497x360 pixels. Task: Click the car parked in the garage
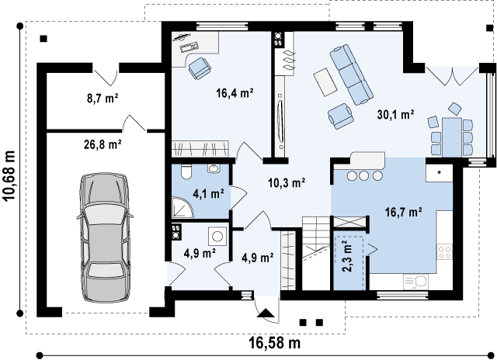click(104, 237)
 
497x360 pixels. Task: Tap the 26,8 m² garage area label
click(103, 144)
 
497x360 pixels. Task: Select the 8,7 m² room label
click(103, 99)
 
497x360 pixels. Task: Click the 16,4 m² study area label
click(235, 93)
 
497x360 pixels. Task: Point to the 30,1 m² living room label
click(395, 114)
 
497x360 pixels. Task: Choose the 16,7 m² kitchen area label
click(403, 212)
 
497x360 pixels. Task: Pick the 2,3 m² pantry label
click(348, 257)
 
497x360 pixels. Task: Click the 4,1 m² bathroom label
click(209, 193)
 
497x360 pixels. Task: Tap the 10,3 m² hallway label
click(287, 182)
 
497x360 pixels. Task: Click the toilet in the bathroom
click(186, 171)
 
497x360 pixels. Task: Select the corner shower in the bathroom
click(182, 207)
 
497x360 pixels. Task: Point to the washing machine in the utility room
click(217, 236)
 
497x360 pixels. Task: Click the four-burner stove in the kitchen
click(444, 252)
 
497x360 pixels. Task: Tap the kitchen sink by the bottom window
click(415, 282)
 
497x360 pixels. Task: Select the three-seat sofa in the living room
click(351, 74)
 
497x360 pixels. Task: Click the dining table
click(452, 137)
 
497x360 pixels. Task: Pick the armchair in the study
click(200, 67)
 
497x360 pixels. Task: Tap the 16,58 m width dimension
click(274, 343)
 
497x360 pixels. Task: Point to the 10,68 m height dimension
click(9, 175)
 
